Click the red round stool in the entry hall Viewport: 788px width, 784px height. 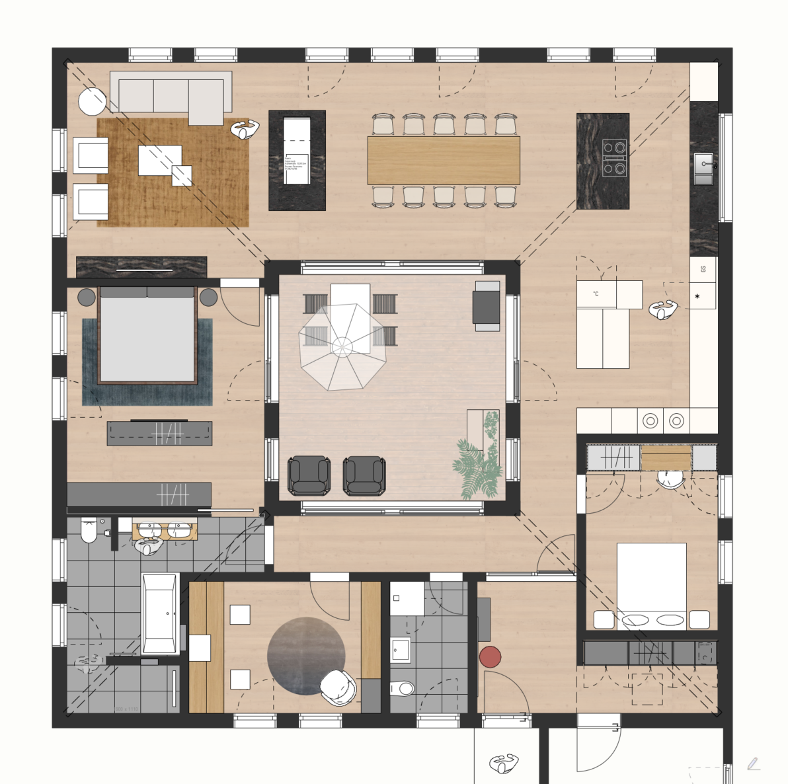pos(490,656)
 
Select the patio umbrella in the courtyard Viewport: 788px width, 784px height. pos(342,346)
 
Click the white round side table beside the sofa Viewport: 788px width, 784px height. pos(92,101)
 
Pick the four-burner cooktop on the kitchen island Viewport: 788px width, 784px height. pos(614,158)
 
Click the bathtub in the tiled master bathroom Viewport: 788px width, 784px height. pos(159,613)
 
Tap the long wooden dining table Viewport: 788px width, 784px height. pos(444,161)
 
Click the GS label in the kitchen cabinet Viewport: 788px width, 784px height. pos(703,269)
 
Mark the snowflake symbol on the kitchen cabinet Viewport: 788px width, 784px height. pos(697,297)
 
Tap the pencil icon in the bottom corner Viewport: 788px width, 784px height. pos(753,764)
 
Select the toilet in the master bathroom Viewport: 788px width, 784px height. pos(88,530)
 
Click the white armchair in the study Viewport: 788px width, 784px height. pos(338,687)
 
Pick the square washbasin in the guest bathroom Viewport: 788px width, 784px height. pos(399,649)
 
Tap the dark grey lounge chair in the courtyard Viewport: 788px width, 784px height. pos(309,475)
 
